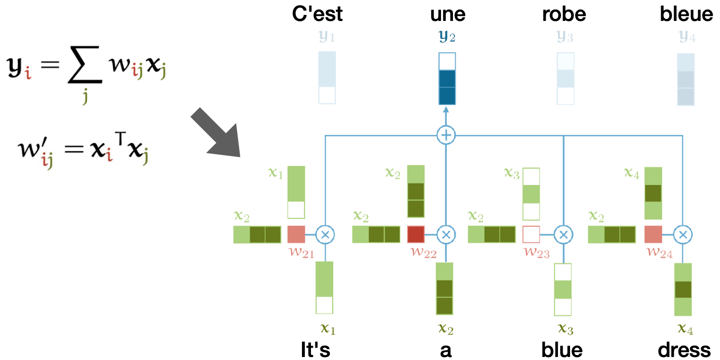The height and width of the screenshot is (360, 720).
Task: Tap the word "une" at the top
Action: click(x=447, y=14)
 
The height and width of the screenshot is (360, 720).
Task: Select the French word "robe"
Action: click(x=564, y=14)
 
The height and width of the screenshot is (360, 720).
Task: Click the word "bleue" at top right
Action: click(x=686, y=14)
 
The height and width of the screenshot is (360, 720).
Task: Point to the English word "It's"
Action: click(x=316, y=350)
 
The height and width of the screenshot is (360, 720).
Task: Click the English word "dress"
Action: click(x=684, y=350)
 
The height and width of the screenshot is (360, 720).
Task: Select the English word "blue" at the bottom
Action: click(x=563, y=350)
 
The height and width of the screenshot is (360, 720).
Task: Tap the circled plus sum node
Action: click(x=445, y=135)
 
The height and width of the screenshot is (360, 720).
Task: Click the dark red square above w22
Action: click(x=416, y=234)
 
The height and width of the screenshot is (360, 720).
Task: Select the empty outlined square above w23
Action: click(x=531, y=234)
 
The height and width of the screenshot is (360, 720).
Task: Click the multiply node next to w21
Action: click(x=325, y=234)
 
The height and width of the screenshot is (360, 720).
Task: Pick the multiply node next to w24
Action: click(x=683, y=234)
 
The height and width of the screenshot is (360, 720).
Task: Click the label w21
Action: click(x=301, y=253)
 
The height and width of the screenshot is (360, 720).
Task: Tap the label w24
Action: click(x=659, y=253)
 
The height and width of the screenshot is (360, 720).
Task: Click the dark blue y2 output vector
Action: click(x=447, y=79)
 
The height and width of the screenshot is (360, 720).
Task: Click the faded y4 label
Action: click(x=687, y=37)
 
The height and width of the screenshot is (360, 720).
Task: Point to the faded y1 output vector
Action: click(x=327, y=77)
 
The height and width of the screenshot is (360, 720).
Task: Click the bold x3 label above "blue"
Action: click(x=565, y=329)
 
